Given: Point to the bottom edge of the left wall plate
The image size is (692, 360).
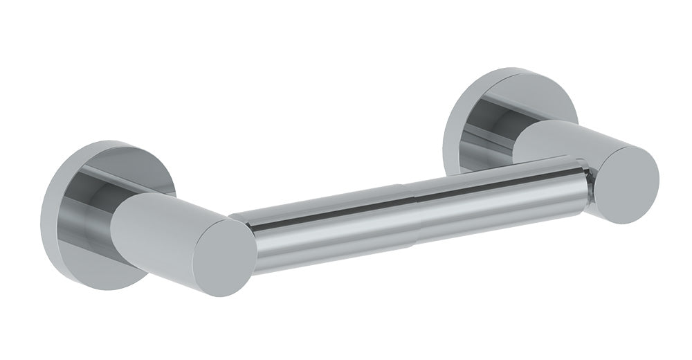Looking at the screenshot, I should [97, 285].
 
